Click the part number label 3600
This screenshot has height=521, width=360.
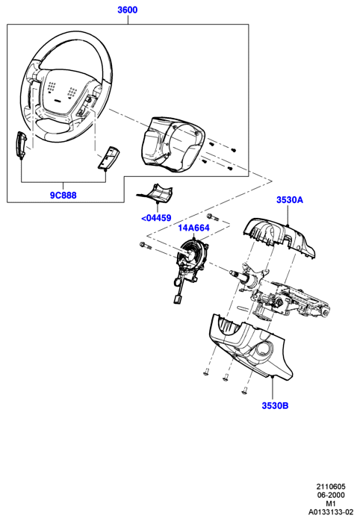127,10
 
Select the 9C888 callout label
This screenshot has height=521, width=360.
63,196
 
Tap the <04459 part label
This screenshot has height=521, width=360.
156,218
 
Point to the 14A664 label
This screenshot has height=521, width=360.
193,228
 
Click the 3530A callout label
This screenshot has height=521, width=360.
290,200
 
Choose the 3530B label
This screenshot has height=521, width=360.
275,405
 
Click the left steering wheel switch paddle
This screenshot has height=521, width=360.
21,146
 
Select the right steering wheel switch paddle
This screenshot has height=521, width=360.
108,158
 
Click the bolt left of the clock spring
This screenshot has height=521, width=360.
145,246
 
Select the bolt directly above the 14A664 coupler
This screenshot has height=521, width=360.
212,217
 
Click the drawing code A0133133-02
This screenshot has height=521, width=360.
330,513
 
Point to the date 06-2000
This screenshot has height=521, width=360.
330,495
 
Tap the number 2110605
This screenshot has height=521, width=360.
331,487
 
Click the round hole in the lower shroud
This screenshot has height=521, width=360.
264,349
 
